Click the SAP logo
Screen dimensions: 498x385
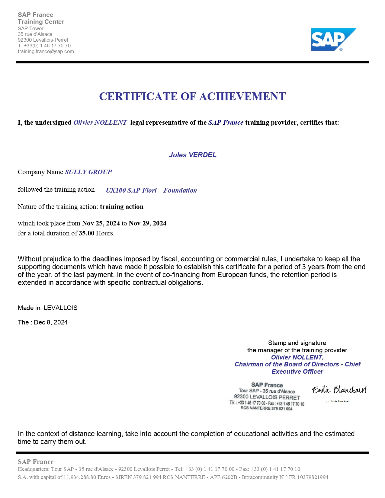click(x=334, y=40)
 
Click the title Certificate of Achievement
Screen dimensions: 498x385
click(x=192, y=97)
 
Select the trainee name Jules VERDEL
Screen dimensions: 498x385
click(x=193, y=155)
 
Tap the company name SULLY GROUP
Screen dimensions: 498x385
click(x=88, y=172)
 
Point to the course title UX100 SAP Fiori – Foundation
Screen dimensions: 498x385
click(x=151, y=190)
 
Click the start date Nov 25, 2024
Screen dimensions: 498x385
click(x=101, y=223)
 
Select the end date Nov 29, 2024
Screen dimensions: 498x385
click(x=147, y=223)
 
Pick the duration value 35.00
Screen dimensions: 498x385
click(x=87, y=233)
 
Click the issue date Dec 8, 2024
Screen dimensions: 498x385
click(x=51, y=322)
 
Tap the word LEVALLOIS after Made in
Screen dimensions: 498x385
click(x=60, y=308)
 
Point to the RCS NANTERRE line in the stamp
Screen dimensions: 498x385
click(x=266, y=408)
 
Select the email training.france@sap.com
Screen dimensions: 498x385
click(x=46, y=51)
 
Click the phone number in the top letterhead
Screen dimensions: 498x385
click(x=47, y=46)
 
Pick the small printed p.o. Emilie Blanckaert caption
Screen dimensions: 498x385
click(x=338, y=401)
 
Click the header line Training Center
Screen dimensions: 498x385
click(x=41, y=22)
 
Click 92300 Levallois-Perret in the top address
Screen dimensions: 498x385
click(x=43, y=40)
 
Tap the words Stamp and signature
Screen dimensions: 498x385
click(x=297, y=343)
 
